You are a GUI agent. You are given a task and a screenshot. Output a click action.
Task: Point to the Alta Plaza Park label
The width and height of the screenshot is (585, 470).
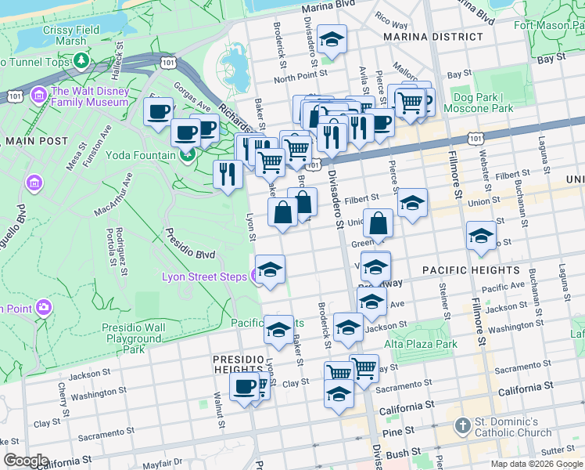(421, 344)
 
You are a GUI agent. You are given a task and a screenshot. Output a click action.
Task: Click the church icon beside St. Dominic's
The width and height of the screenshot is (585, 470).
(462, 427)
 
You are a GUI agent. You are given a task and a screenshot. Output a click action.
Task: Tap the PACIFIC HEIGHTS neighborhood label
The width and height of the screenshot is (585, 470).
(471, 270)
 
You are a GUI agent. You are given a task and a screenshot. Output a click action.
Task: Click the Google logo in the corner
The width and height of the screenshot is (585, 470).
(26, 461)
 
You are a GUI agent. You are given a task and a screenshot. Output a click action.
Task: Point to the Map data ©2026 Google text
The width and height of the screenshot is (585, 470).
(537, 464)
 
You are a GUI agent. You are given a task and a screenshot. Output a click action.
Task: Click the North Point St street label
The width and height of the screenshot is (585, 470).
(304, 77)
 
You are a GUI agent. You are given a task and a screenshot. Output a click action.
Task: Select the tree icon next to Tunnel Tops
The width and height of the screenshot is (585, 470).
(81, 61)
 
